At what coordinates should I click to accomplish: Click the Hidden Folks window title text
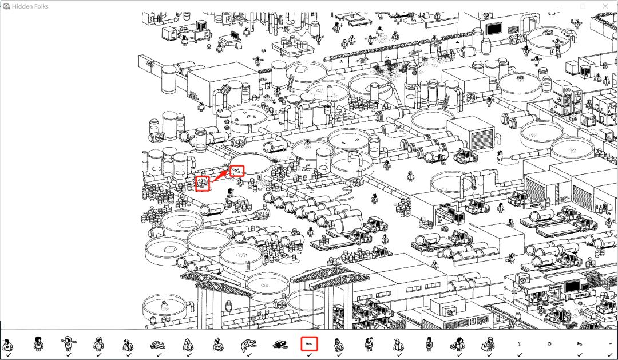30,6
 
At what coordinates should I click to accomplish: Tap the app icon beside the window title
6,6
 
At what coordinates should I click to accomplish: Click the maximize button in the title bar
583,6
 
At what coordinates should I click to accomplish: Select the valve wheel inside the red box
202,183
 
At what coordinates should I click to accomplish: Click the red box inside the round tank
237,171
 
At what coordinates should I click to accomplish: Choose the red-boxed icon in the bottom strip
309,344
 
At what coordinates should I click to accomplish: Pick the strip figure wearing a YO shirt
218,345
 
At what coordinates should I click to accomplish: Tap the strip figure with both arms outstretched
68,344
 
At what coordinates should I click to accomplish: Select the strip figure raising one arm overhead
369,344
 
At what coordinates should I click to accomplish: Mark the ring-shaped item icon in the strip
549,344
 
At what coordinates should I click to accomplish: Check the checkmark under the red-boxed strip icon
310,355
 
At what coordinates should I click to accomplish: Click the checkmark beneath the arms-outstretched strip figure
68,355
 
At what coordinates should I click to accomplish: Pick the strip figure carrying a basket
458,345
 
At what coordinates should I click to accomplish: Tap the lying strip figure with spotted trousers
248,346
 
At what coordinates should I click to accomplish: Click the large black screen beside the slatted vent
494,29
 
